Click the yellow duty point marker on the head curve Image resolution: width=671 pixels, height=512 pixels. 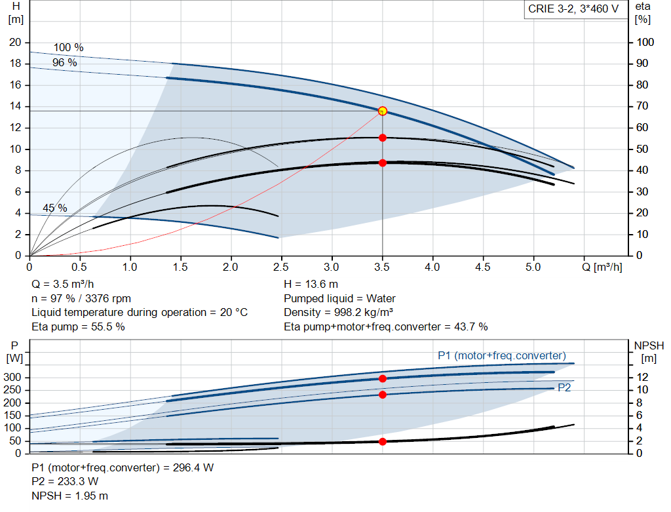point(383,111)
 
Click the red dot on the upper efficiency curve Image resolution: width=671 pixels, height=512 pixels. point(383,138)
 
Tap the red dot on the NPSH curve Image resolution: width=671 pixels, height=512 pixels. point(383,441)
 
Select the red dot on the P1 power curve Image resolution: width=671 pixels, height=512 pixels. point(383,378)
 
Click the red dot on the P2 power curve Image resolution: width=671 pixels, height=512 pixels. point(383,395)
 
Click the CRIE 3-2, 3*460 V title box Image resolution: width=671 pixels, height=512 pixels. point(573,10)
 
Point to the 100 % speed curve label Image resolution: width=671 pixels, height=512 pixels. point(69,48)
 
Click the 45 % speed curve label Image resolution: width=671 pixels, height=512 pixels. point(55,208)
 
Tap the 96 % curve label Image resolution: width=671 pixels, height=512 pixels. point(65,62)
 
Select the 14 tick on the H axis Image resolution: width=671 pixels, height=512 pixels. point(15,106)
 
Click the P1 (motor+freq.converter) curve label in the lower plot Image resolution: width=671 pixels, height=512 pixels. point(502,355)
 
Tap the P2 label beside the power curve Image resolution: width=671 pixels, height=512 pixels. point(564,388)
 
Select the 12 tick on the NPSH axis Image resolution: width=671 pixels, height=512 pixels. point(643,378)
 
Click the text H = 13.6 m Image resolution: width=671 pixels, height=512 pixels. point(311,284)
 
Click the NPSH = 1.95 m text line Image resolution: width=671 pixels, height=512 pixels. point(70,496)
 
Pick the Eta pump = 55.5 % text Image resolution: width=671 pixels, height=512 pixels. point(78,326)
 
